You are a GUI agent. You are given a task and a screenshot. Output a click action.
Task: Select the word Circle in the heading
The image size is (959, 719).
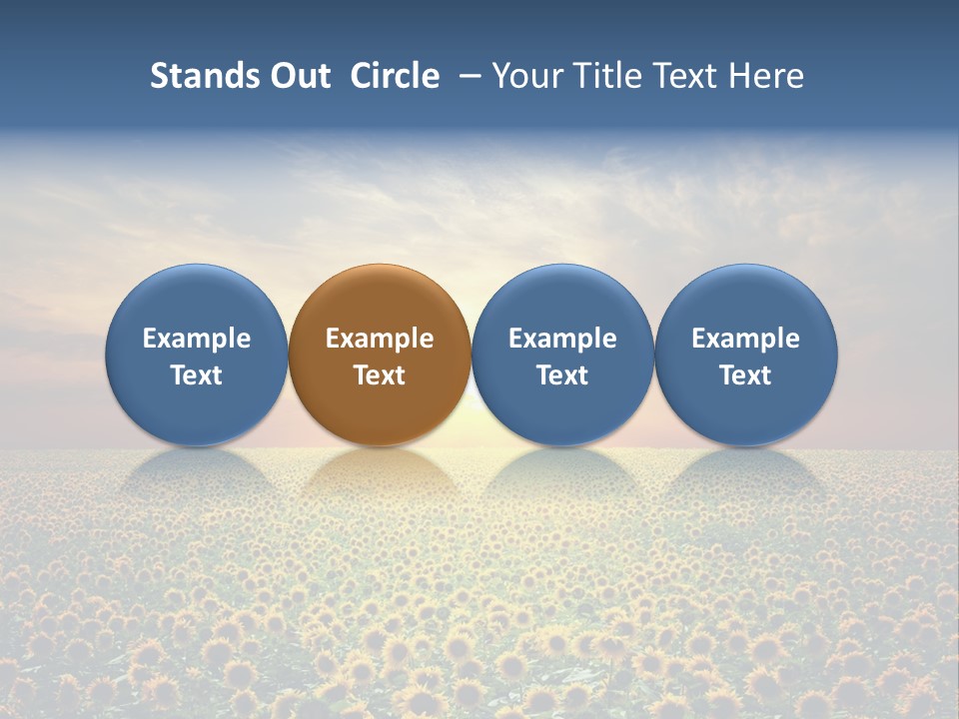pyautogui.click(x=395, y=76)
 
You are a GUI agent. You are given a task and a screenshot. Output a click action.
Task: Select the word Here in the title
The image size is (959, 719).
pyautogui.click(x=765, y=76)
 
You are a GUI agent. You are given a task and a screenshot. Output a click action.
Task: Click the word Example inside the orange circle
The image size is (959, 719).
pyautogui.click(x=380, y=339)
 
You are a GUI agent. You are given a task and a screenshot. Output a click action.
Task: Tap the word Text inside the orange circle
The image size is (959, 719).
pyautogui.click(x=380, y=375)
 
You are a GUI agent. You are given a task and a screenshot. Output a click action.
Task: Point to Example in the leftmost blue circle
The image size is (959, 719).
pyautogui.click(x=197, y=339)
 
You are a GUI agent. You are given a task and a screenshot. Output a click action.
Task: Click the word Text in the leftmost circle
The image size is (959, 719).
pyautogui.click(x=197, y=375)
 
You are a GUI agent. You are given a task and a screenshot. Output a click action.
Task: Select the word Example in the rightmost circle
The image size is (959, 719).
pyautogui.click(x=745, y=339)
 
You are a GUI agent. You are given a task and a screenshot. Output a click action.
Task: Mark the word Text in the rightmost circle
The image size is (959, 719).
pyautogui.click(x=745, y=375)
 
